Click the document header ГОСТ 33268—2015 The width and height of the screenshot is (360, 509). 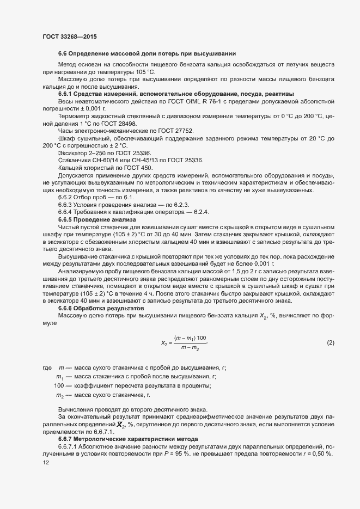point(70,36)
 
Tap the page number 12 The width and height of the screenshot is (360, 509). point(46,462)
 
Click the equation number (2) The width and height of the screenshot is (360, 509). point(330,342)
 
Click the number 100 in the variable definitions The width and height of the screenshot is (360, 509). point(59,386)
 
